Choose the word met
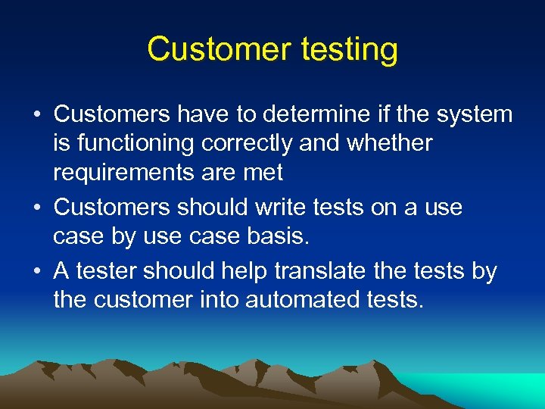pos(263,173)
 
